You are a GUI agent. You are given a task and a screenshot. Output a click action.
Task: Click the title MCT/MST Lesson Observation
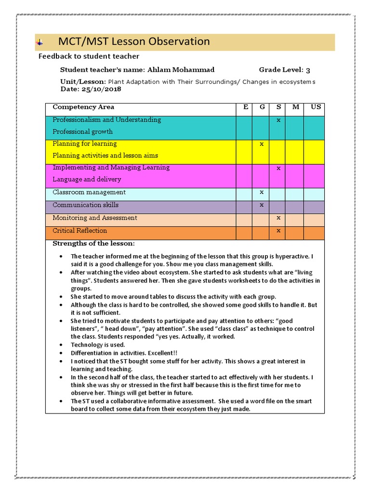click(x=134, y=42)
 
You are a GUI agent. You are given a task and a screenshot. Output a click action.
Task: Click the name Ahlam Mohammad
click(x=181, y=70)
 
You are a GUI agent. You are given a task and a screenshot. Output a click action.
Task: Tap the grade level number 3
click(x=308, y=70)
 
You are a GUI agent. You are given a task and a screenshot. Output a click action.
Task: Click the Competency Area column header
click(x=83, y=107)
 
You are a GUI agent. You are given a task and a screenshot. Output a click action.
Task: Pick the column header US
click(x=316, y=107)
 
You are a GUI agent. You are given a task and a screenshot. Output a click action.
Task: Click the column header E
click(x=246, y=107)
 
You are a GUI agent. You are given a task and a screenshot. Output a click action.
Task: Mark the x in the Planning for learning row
click(x=262, y=144)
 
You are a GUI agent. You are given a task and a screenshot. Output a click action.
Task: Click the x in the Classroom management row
click(x=262, y=192)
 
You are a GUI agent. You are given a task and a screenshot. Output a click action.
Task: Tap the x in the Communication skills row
click(x=262, y=205)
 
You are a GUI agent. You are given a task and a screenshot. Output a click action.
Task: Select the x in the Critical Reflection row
click(x=278, y=231)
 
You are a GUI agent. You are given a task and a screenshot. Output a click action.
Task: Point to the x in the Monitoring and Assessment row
click(x=278, y=218)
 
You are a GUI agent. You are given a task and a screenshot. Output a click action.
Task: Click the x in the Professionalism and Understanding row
click(x=278, y=120)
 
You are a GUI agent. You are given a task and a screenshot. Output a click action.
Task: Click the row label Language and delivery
click(x=87, y=180)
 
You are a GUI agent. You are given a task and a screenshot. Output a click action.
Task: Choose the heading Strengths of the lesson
click(x=93, y=244)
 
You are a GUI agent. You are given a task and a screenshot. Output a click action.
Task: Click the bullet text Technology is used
click(x=98, y=345)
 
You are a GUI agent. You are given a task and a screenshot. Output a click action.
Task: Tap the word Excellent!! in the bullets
click(x=161, y=353)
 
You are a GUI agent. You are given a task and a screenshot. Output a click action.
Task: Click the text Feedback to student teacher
click(x=89, y=56)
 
